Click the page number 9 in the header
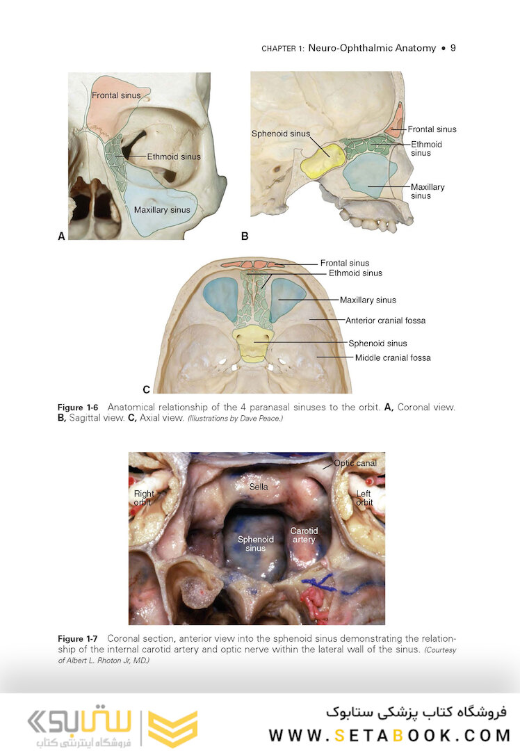(453, 48)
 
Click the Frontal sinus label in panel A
(116, 95)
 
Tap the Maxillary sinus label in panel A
(162, 210)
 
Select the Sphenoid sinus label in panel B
(281, 134)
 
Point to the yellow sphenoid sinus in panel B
(323, 161)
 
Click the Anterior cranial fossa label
(385, 321)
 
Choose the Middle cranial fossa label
(393, 358)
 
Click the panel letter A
(61, 236)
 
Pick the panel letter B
(245, 236)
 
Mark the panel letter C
(146, 389)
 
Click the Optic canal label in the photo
(355, 463)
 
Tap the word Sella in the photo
(259, 487)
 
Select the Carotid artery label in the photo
(304, 535)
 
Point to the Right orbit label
(143, 498)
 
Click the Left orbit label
(364, 498)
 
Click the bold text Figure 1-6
(78, 407)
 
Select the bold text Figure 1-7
(78, 639)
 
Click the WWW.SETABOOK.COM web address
(389, 735)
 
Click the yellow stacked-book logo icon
(172, 729)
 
